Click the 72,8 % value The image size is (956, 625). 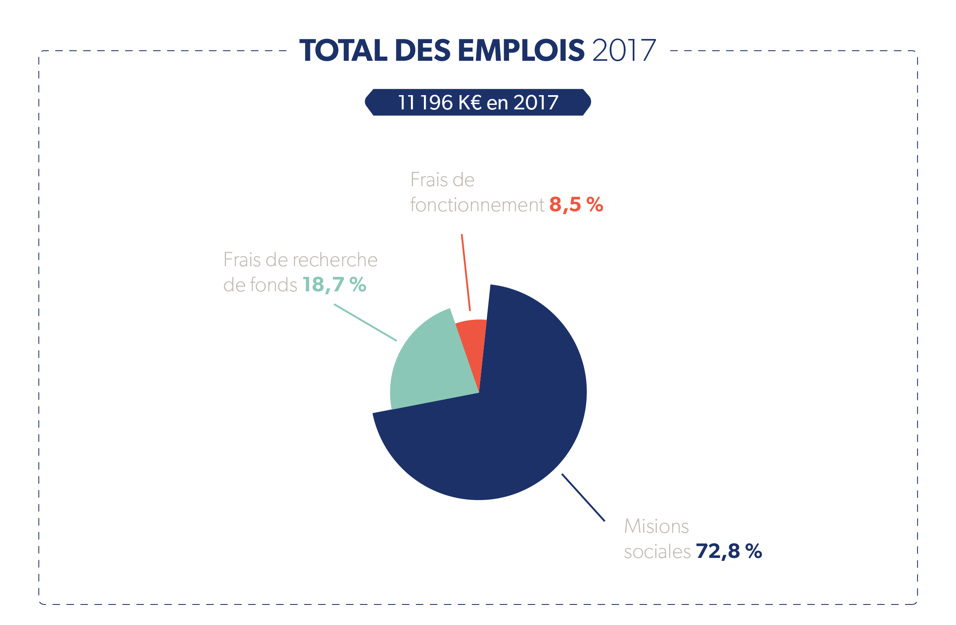[729, 551]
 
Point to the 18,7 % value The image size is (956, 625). [335, 285]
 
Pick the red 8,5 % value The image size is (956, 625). [576, 205]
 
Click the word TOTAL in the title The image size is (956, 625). [343, 50]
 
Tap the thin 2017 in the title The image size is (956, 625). [624, 50]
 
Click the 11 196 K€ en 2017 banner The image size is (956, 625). [478, 102]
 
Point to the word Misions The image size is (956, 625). [656, 526]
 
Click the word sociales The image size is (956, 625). [657, 552]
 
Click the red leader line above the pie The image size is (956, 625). [466, 272]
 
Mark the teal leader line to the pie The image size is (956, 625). [365, 322]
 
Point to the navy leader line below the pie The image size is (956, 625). [583, 498]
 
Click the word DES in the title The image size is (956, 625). [423, 50]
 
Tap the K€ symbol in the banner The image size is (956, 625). [470, 102]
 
